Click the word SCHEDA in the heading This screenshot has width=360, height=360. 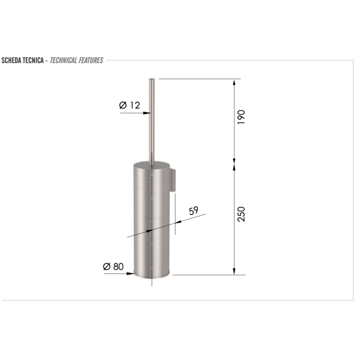pos(11,60)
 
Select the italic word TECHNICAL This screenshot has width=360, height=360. pos(63,60)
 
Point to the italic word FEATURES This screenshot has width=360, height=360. pos(91,60)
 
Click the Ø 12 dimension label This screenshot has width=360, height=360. pos(129,105)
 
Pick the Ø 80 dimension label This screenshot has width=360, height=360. pos(113,266)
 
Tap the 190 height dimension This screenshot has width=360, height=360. pos(241,117)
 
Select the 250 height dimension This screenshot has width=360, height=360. pos(241,214)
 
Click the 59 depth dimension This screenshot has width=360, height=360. pos(193,210)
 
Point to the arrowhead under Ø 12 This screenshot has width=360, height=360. pos(146,113)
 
